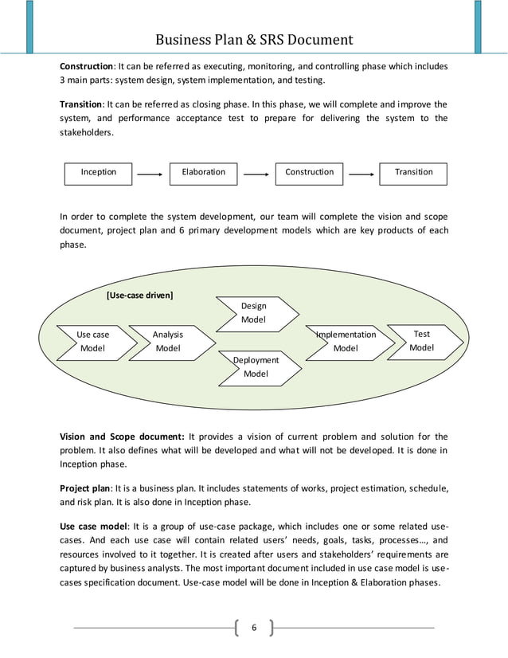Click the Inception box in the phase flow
click(x=99, y=173)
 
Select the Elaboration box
click(x=204, y=173)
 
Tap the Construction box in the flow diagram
click(x=310, y=173)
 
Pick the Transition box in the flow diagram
click(x=414, y=173)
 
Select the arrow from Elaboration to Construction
click(x=256, y=174)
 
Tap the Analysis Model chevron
click(x=169, y=342)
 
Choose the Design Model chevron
click(x=255, y=313)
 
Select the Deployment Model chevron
click(x=256, y=367)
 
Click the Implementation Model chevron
click(x=347, y=342)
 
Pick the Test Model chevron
click(x=422, y=341)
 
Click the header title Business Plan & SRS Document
click(x=254, y=39)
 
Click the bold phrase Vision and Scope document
click(x=122, y=436)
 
